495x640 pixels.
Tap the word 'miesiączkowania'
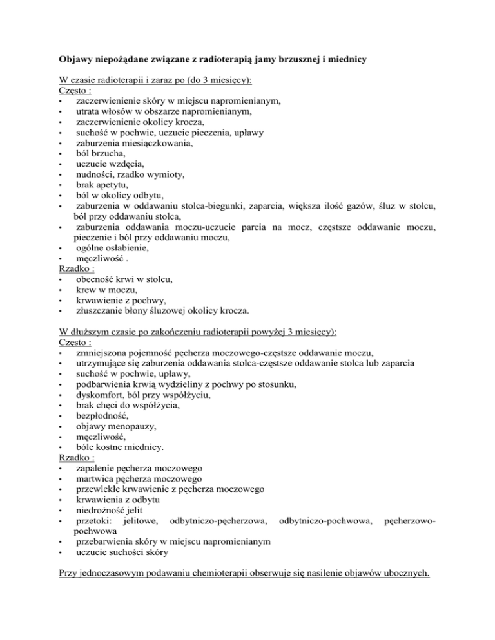(x=152, y=144)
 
